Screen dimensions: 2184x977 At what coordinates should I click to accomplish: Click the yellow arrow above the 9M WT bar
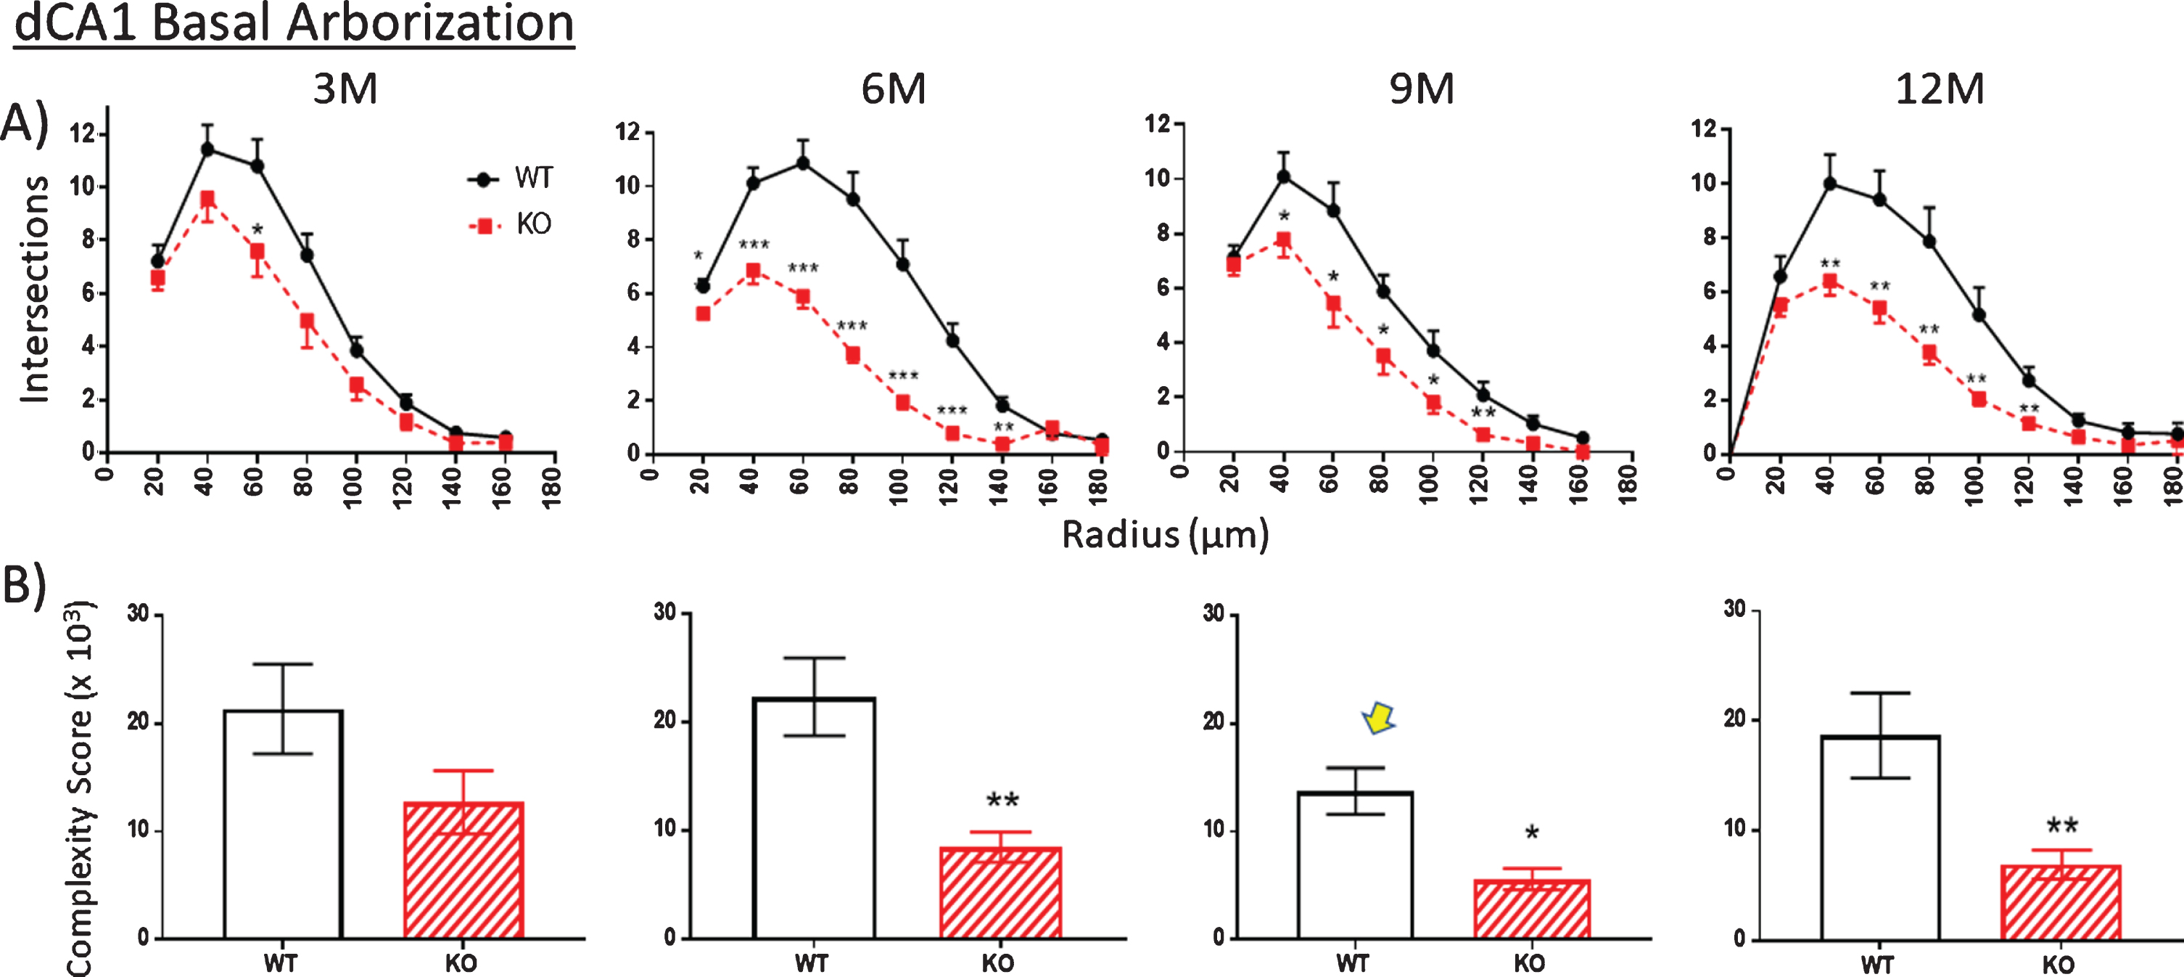[1380, 719]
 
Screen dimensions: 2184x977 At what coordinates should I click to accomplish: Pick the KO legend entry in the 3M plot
[509, 225]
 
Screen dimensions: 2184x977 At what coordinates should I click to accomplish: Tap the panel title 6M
[894, 89]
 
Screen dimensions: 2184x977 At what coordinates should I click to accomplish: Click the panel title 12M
[1940, 89]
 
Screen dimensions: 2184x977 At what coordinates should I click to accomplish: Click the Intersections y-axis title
[34, 288]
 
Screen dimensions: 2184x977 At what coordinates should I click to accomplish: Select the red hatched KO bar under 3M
[463, 870]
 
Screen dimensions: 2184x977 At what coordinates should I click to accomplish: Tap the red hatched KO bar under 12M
[2060, 902]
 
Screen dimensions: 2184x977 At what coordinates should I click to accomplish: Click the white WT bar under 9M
[1355, 865]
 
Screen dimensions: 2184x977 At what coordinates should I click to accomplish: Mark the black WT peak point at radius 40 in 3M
[207, 150]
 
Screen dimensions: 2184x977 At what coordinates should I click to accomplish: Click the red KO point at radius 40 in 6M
[752, 271]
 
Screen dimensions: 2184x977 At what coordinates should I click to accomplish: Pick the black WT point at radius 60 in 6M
[802, 163]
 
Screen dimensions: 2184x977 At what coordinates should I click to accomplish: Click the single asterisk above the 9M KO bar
[1531, 833]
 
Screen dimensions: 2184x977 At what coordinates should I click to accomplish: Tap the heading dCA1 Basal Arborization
[294, 25]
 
